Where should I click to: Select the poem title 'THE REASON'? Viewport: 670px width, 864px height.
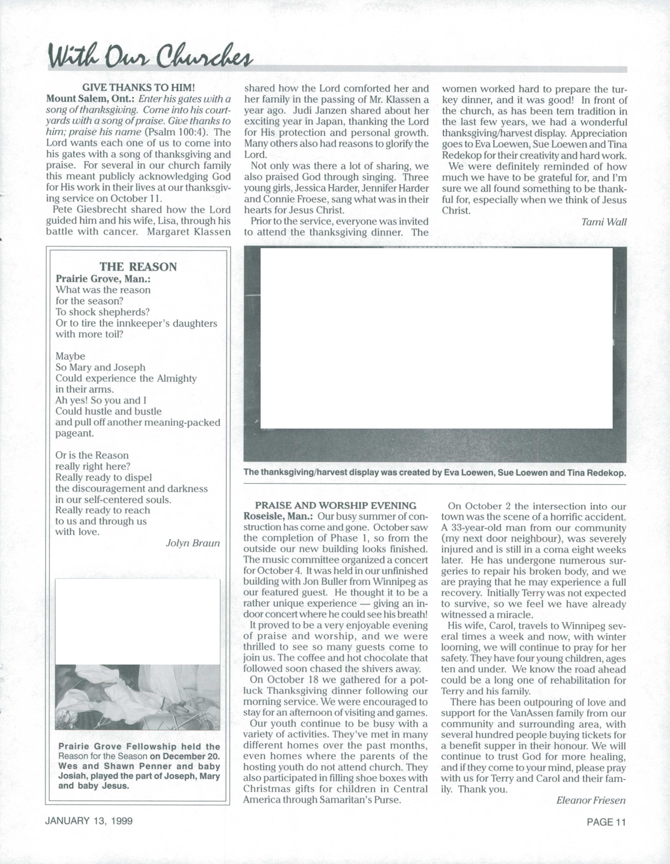[138, 267]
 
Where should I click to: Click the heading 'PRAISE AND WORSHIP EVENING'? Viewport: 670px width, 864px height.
[336, 505]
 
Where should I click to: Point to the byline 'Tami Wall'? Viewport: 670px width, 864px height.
[604, 222]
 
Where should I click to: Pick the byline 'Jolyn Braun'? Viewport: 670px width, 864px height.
[192, 543]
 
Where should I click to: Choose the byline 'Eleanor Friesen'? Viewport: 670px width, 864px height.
[591, 800]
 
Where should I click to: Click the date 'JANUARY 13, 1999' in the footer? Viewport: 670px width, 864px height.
[89, 821]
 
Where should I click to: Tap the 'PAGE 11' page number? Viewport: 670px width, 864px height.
[606, 822]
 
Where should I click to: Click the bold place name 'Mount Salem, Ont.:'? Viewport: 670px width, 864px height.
[91, 99]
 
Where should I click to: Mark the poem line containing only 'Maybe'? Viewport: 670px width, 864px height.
[70, 356]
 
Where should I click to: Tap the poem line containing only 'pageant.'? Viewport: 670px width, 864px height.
[75, 433]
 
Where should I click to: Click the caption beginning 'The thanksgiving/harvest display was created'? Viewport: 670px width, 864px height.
[435, 472]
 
